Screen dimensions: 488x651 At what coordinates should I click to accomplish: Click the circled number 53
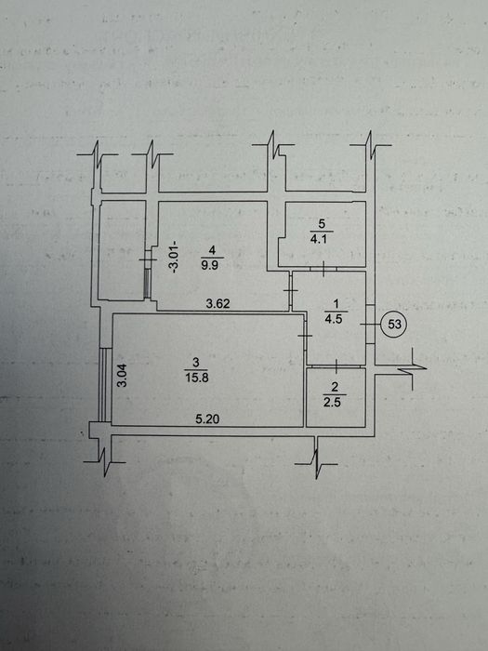pyautogui.click(x=394, y=324)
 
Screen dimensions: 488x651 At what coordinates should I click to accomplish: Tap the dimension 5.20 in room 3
pyautogui.click(x=207, y=419)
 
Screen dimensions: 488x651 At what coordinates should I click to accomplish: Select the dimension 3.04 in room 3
pyautogui.click(x=122, y=375)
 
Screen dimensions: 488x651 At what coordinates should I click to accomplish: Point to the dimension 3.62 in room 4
pyautogui.click(x=218, y=304)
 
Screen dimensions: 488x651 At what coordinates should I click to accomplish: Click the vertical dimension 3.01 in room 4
pyautogui.click(x=175, y=257)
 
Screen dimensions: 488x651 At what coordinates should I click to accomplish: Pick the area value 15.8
pyautogui.click(x=196, y=378)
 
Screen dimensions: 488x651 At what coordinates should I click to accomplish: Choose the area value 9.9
pyautogui.click(x=209, y=265)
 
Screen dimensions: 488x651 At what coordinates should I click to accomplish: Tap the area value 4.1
pyautogui.click(x=319, y=239)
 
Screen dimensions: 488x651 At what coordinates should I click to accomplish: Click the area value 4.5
pyautogui.click(x=334, y=320)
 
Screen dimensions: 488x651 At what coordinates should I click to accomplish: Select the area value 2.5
pyautogui.click(x=332, y=403)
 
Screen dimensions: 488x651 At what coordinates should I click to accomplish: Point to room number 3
pyautogui.click(x=196, y=363)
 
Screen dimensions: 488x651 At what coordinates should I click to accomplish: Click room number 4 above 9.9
pyautogui.click(x=212, y=250)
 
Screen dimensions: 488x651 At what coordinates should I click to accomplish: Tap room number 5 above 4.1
pyautogui.click(x=322, y=224)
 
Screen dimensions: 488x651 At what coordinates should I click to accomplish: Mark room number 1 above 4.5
pyautogui.click(x=336, y=304)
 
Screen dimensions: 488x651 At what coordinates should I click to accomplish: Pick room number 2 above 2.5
pyautogui.click(x=335, y=387)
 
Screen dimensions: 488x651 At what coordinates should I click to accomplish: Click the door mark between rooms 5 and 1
pyautogui.click(x=323, y=269)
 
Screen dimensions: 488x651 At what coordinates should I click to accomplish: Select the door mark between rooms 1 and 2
pyautogui.click(x=336, y=366)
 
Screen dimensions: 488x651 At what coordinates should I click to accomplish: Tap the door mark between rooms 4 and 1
pyautogui.click(x=290, y=290)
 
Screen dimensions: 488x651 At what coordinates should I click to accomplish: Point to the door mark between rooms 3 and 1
pyautogui.click(x=305, y=336)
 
